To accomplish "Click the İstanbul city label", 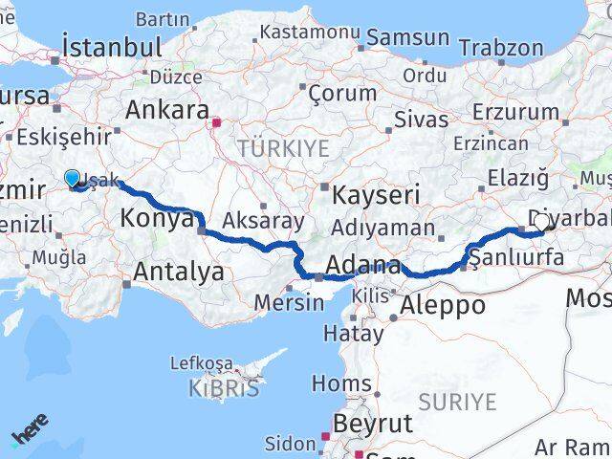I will (111, 47).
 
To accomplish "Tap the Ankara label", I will (167, 108).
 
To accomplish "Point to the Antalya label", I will (179, 272).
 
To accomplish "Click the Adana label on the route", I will (362, 265).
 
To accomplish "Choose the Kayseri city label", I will (377, 196).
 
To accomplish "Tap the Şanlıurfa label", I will (516, 256).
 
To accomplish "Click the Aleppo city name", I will (444, 306).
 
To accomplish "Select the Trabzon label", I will (501, 47).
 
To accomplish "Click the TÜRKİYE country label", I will (283, 148).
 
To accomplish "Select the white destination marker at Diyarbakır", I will (541, 222).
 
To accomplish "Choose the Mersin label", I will (289, 303).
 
